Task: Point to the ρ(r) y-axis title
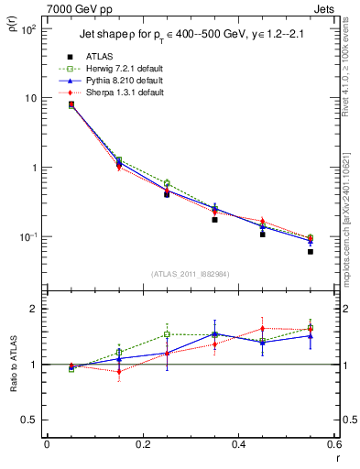click(14, 37)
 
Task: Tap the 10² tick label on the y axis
click(27, 30)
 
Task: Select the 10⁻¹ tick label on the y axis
click(27, 237)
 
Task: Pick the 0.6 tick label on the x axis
click(333, 444)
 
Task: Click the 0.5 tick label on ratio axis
click(30, 420)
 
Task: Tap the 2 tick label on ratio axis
click(35, 309)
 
